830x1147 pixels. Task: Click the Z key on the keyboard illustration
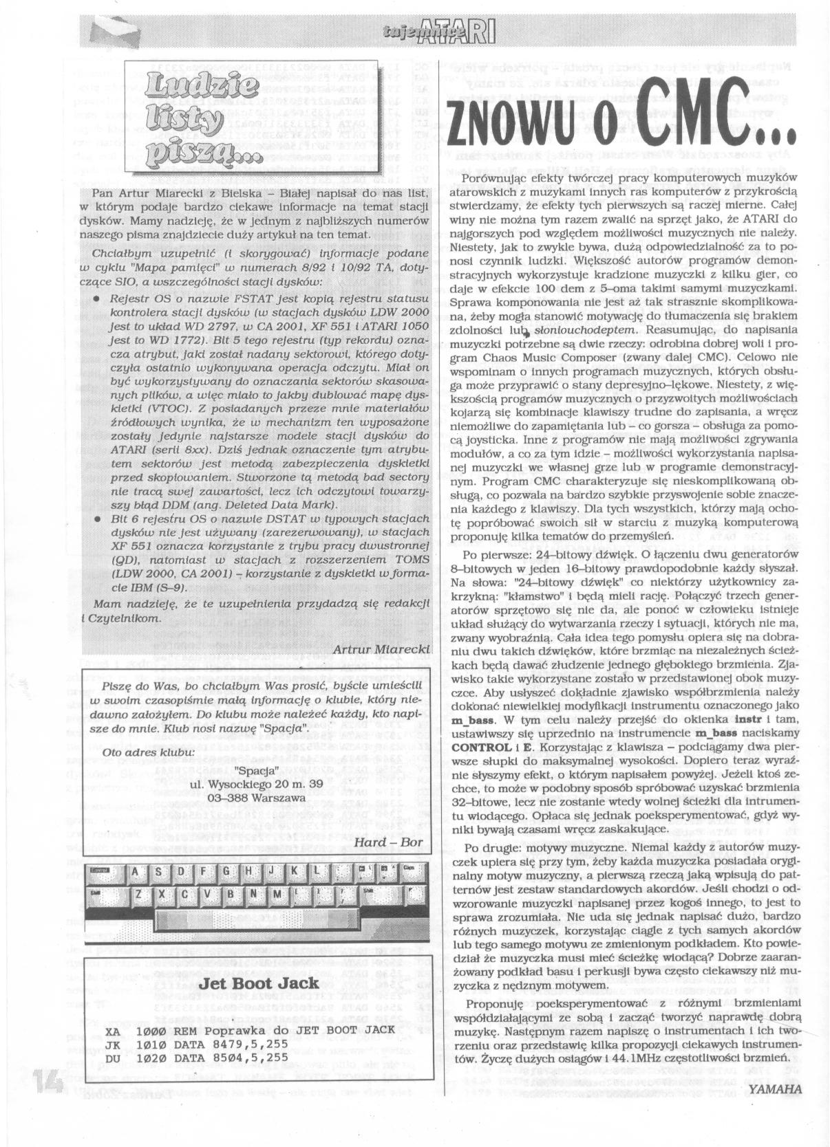pos(139,893)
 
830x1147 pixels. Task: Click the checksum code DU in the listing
pos(114,1058)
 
